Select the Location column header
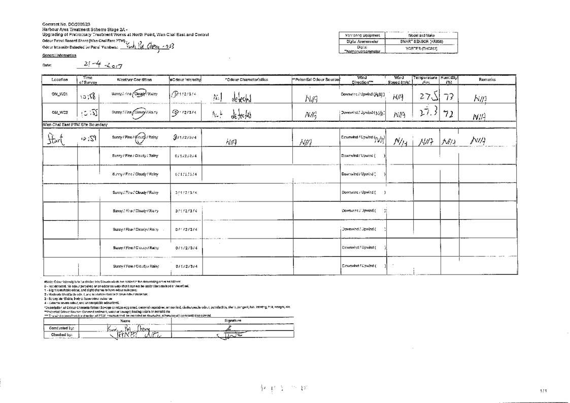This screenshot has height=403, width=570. pyautogui.click(x=59, y=80)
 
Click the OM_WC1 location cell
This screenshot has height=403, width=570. pyautogui.click(x=59, y=95)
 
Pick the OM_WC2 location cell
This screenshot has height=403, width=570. pyautogui.click(x=59, y=112)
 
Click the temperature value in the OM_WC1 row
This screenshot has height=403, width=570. pyautogui.click(x=425, y=96)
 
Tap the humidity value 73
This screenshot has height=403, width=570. pyautogui.click(x=448, y=96)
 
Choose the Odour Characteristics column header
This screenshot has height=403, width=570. pyautogui.click(x=247, y=80)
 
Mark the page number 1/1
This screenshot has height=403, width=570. pyautogui.click(x=544, y=390)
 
